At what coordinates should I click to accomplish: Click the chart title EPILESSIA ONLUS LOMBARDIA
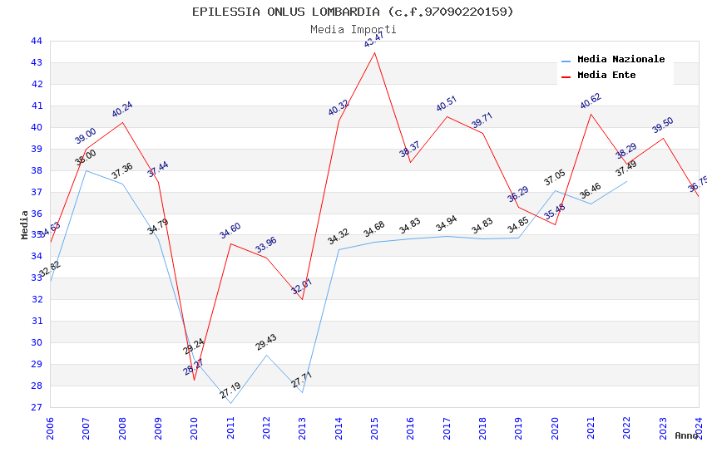[x=353, y=12]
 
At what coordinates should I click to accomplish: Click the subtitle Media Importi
[x=353, y=30]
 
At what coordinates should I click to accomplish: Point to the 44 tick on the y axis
[x=37, y=41]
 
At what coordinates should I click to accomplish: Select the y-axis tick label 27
[x=37, y=407]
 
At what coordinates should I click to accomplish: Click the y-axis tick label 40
[x=37, y=127]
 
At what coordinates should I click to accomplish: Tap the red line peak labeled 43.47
[x=374, y=53]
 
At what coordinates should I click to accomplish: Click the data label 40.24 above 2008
[x=122, y=111]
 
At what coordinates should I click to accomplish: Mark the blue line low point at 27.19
[x=230, y=404]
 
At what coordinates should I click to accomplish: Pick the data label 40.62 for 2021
[x=591, y=102]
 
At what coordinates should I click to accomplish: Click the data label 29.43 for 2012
[x=266, y=342]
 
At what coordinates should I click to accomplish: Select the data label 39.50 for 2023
[x=663, y=125]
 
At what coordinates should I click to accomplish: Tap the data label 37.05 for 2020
[x=555, y=178]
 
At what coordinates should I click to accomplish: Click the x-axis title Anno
[x=686, y=435]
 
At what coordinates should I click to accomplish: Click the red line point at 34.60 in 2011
[x=230, y=243]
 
